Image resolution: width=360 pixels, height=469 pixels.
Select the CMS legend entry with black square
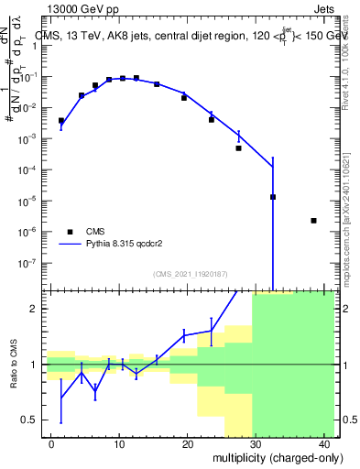point(70,232)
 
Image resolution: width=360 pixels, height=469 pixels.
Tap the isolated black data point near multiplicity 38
point(313,221)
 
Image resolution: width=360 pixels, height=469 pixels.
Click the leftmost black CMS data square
point(61,121)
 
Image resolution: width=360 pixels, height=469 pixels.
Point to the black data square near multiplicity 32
point(273,196)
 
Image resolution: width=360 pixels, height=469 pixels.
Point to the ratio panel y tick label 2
point(38,309)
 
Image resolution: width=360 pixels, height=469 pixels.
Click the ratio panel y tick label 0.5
point(34,420)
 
